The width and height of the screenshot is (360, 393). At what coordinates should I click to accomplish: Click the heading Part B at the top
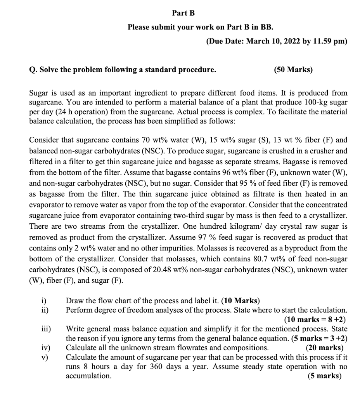[183, 13]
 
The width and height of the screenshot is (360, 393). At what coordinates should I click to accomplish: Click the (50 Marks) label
[293, 70]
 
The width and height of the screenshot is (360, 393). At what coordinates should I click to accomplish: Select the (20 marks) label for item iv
[324, 348]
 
